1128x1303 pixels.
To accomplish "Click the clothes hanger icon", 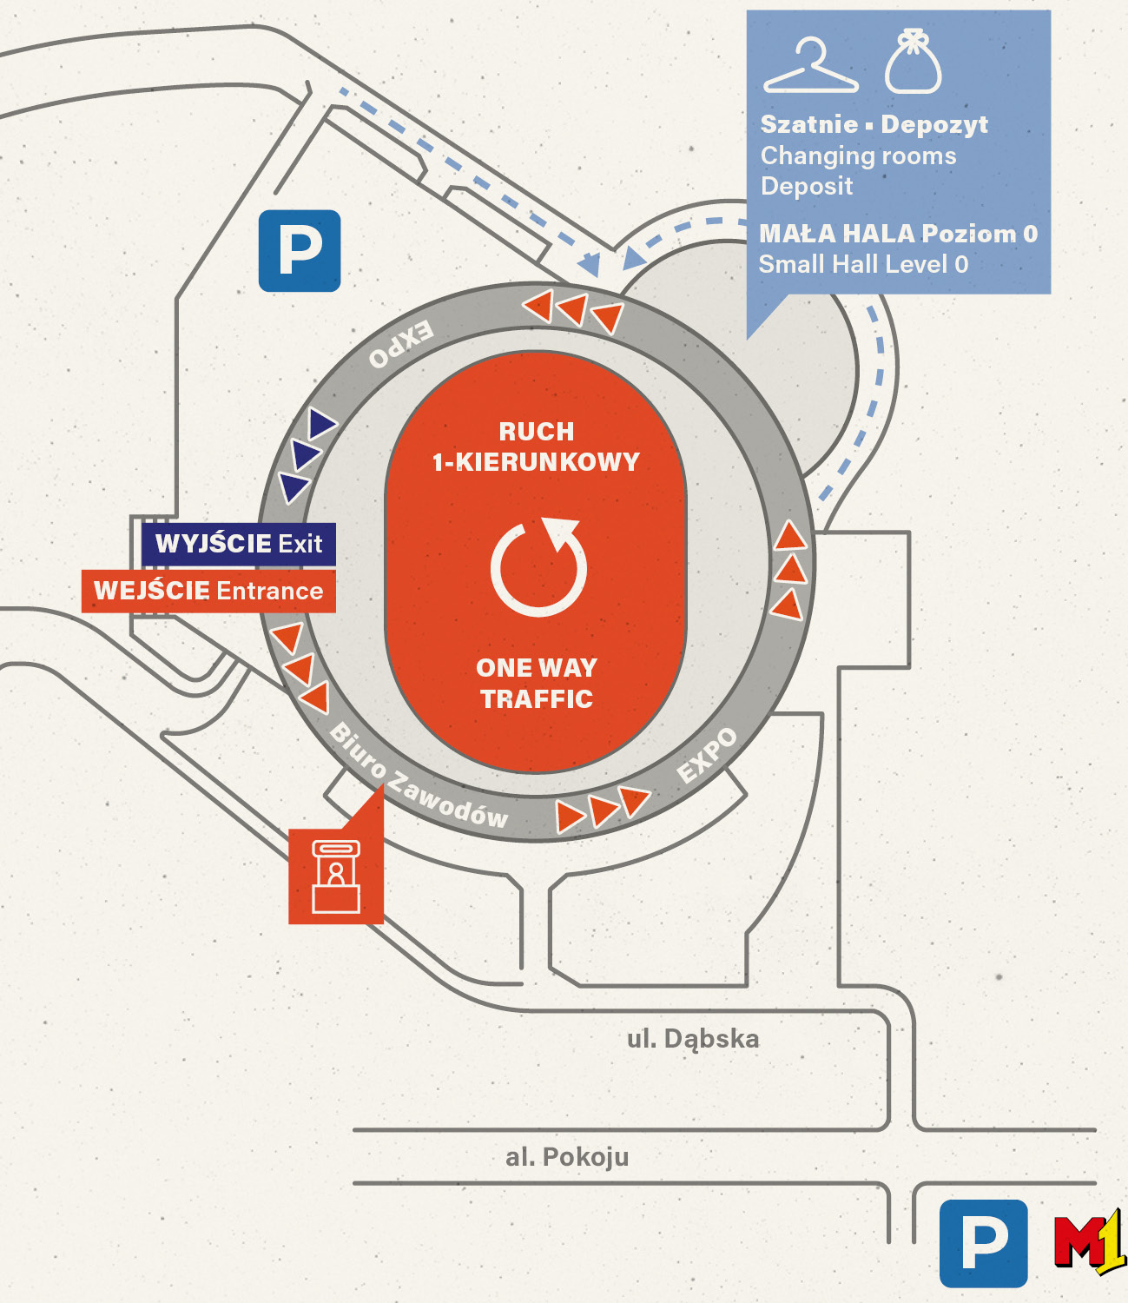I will tap(810, 67).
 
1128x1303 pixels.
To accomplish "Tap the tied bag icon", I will tap(913, 62).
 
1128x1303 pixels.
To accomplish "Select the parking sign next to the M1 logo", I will tap(983, 1243).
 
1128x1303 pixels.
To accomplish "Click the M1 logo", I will tap(1090, 1243).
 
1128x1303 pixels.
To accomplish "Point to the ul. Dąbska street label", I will tap(693, 1039).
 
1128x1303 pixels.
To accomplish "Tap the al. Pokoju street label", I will tap(567, 1157).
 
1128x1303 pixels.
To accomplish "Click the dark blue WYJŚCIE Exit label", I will tap(239, 545).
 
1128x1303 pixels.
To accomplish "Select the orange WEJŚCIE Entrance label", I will tap(208, 592).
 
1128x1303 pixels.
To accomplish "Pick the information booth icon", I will tap(336, 876).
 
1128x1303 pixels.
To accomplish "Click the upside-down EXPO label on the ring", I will tap(400, 344).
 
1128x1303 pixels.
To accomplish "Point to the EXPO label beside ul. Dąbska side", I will tap(708, 755).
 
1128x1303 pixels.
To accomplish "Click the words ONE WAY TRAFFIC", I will tap(537, 684).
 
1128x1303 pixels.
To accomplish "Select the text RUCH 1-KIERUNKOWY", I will tap(537, 446).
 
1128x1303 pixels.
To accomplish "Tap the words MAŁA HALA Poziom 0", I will tap(898, 234).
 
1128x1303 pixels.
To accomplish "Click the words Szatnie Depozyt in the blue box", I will tap(874, 125).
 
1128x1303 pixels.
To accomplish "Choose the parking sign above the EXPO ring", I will tap(300, 250).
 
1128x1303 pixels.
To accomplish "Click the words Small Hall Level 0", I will tap(863, 264).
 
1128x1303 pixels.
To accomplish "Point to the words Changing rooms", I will tap(858, 156).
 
